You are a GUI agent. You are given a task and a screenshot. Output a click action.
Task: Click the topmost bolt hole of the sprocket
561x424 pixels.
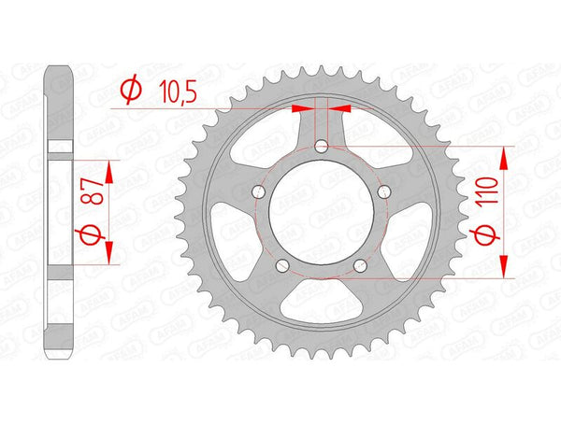pos(321,146)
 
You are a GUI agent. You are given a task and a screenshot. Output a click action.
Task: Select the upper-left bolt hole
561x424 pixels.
pos(260,191)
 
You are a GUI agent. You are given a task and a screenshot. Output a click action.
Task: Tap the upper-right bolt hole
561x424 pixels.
pos(382,191)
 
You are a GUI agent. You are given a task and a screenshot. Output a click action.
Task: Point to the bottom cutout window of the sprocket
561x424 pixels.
pos(321,309)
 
